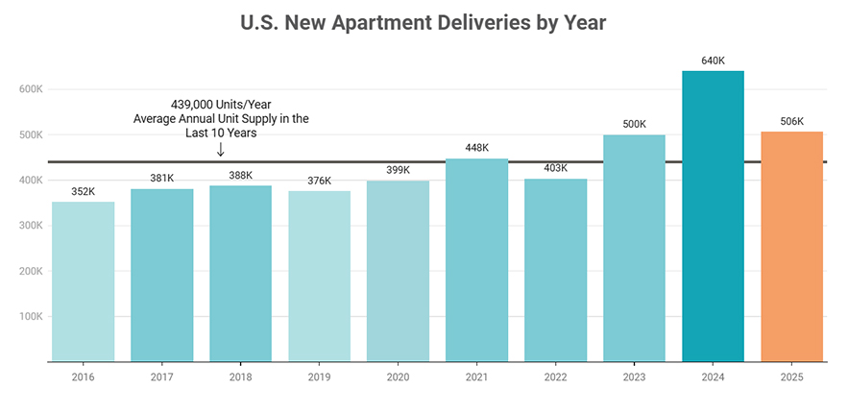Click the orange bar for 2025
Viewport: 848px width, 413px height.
[x=791, y=246]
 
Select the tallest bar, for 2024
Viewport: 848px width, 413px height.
[x=713, y=216]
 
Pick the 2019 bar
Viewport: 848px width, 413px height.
[x=320, y=276]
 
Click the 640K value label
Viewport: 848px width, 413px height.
[x=713, y=61]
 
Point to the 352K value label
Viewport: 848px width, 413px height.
[x=84, y=191]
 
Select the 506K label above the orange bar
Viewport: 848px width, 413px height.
[x=791, y=121]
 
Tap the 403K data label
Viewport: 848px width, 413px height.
[x=556, y=168]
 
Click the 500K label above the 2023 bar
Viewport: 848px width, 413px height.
[x=635, y=124]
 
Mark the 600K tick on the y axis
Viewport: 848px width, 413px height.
[x=32, y=89]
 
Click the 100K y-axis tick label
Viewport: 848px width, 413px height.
[x=32, y=316]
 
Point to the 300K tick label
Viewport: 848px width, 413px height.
[x=32, y=226]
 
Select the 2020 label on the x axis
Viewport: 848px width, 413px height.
[x=399, y=377]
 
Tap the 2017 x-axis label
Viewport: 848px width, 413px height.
[x=162, y=377]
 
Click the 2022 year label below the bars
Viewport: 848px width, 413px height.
[x=556, y=377]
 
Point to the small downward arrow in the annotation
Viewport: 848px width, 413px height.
[x=221, y=150]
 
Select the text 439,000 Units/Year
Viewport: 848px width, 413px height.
[x=221, y=104]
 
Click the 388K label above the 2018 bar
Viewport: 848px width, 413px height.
[x=241, y=175]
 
